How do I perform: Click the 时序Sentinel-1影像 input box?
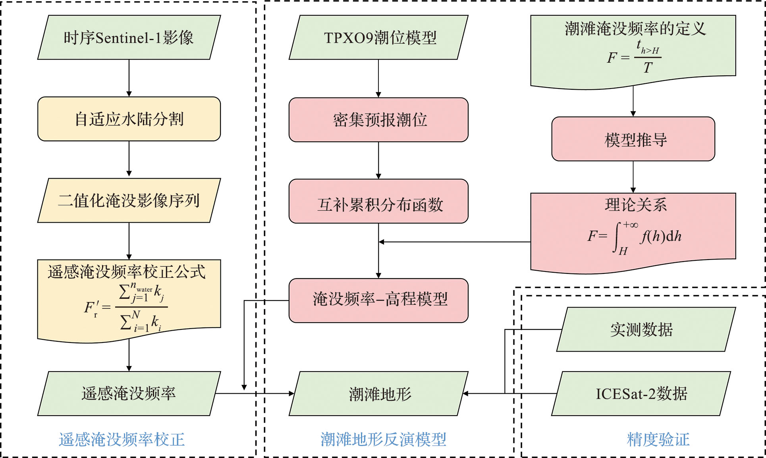[129, 38]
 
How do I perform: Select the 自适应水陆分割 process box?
[129, 119]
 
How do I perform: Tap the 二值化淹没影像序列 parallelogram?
[129, 200]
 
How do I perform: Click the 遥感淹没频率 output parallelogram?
[129, 393]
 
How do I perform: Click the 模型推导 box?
[633, 139]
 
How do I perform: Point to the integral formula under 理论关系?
[634, 237]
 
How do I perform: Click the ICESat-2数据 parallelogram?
[641, 393]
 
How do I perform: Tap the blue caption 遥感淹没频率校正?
[122, 440]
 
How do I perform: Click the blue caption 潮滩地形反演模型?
[383, 440]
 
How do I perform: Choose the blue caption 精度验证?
[658, 440]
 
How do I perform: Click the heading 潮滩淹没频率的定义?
[635, 29]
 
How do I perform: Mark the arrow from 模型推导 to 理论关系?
[633, 177]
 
